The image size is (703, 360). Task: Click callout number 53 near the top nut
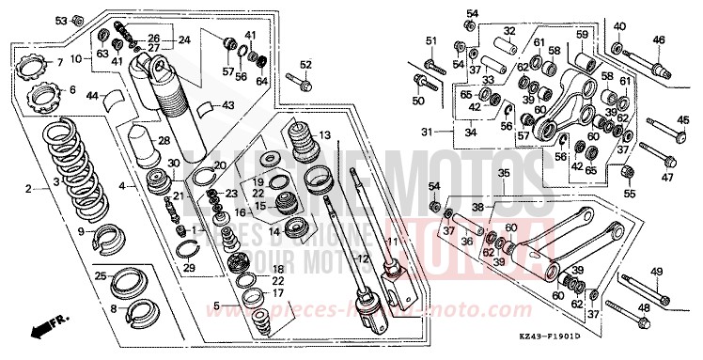61,20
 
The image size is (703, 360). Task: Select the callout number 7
58,62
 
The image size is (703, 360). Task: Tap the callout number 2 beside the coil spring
28,187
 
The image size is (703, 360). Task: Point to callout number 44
92,95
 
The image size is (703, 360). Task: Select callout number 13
325,135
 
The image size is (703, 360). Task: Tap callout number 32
508,31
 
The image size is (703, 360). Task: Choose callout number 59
582,36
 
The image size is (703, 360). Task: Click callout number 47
668,177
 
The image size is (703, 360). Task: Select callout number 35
503,174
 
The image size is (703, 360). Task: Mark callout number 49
656,272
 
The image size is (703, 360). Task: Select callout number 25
100,275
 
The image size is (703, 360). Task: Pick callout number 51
431,39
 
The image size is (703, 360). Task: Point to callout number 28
164,140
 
